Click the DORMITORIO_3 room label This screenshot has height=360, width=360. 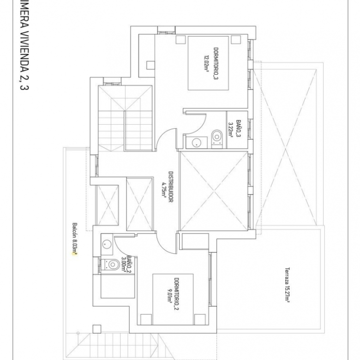[x=216, y=64]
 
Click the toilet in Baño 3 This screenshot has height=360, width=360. [x=217, y=138]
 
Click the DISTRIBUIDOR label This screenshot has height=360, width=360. [x=171, y=187]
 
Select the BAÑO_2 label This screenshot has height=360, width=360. [x=130, y=264]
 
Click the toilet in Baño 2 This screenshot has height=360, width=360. [x=111, y=264]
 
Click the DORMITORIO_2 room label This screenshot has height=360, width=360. [x=176, y=294]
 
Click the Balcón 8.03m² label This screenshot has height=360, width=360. [x=75, y=239]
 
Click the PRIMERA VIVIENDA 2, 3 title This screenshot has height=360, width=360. [x=24, y=45]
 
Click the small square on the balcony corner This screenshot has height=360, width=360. [x=96, y=329]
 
